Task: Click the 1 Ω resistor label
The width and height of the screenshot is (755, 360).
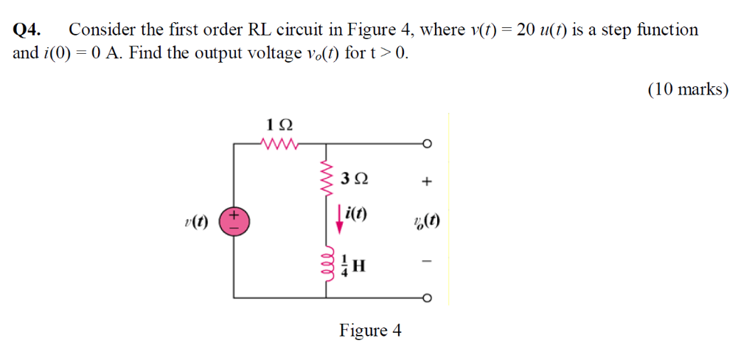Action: [x=277, y=122]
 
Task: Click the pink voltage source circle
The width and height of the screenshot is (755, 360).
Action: [x=235, y=221]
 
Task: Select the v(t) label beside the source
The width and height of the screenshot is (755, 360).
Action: [x=197, y=222]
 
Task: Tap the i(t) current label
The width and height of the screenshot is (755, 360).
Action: [x=356, y=215]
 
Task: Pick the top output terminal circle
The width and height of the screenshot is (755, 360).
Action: [x=426, y=143]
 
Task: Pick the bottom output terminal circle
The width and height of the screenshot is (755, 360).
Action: [x=426, y=298]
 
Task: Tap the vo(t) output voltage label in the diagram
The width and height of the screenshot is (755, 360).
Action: [x=427, y=221]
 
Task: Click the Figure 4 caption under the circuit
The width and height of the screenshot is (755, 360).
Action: [x=370, y=330]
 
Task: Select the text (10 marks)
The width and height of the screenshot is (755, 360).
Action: [x=687, y=89]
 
